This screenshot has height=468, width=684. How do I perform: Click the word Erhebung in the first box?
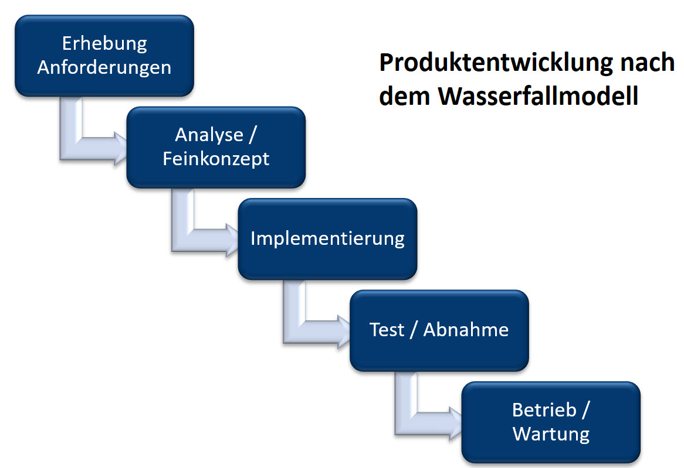(x=104, y=43)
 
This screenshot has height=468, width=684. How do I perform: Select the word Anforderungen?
(x=104, y=67)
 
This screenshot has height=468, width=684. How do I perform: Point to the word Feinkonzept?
(x=216, y=158)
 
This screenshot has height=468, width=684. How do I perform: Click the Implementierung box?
(x=327, y=238)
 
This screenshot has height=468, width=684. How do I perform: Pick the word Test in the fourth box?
(x=387, y=330)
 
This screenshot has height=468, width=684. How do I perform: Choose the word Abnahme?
(x=466, y=330)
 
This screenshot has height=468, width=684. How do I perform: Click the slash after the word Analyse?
(x=253, y=136)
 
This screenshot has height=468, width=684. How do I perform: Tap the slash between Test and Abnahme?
(x=414, y=330)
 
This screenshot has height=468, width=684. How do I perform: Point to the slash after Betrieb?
(x=585, y=410)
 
